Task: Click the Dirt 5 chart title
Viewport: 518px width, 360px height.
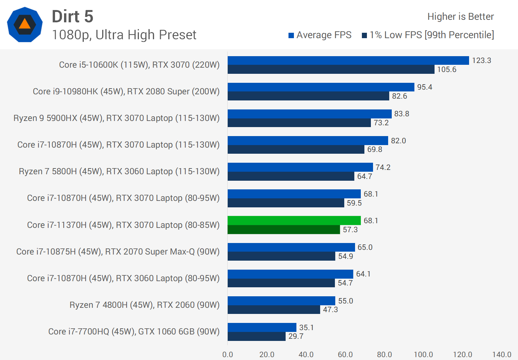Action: [73, 17]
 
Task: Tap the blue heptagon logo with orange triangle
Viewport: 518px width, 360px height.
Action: [25, 24]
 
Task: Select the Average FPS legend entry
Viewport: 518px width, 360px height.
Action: [320, 35]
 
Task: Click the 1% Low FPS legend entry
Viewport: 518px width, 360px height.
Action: [428, 35]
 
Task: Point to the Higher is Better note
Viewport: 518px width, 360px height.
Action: [460, 17]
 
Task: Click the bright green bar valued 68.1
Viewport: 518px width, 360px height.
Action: [294, 220]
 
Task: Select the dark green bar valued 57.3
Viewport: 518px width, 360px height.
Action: [283, 230]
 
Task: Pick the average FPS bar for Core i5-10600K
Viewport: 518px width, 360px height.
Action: [348, 60]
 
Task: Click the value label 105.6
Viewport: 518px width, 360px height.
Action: [447, 69]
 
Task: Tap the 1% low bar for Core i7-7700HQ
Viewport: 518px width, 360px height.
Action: [256, 336]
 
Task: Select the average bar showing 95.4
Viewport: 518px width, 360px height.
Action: [321, 87]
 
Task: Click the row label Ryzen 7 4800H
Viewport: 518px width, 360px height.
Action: [144, 305]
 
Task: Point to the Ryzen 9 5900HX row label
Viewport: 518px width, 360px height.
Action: [116, 118]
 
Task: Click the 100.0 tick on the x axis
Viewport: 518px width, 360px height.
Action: [423, 355]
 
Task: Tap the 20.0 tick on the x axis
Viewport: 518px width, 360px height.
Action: [267, 355]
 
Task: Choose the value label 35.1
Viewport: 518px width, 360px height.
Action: [306, 328]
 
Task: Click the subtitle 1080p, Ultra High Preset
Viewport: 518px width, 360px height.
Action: [124, 35]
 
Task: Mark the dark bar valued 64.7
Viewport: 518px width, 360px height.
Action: [291, 176]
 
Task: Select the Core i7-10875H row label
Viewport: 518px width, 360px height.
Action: [118, 252]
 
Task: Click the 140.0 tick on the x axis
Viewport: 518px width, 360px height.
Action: [502, 355]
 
